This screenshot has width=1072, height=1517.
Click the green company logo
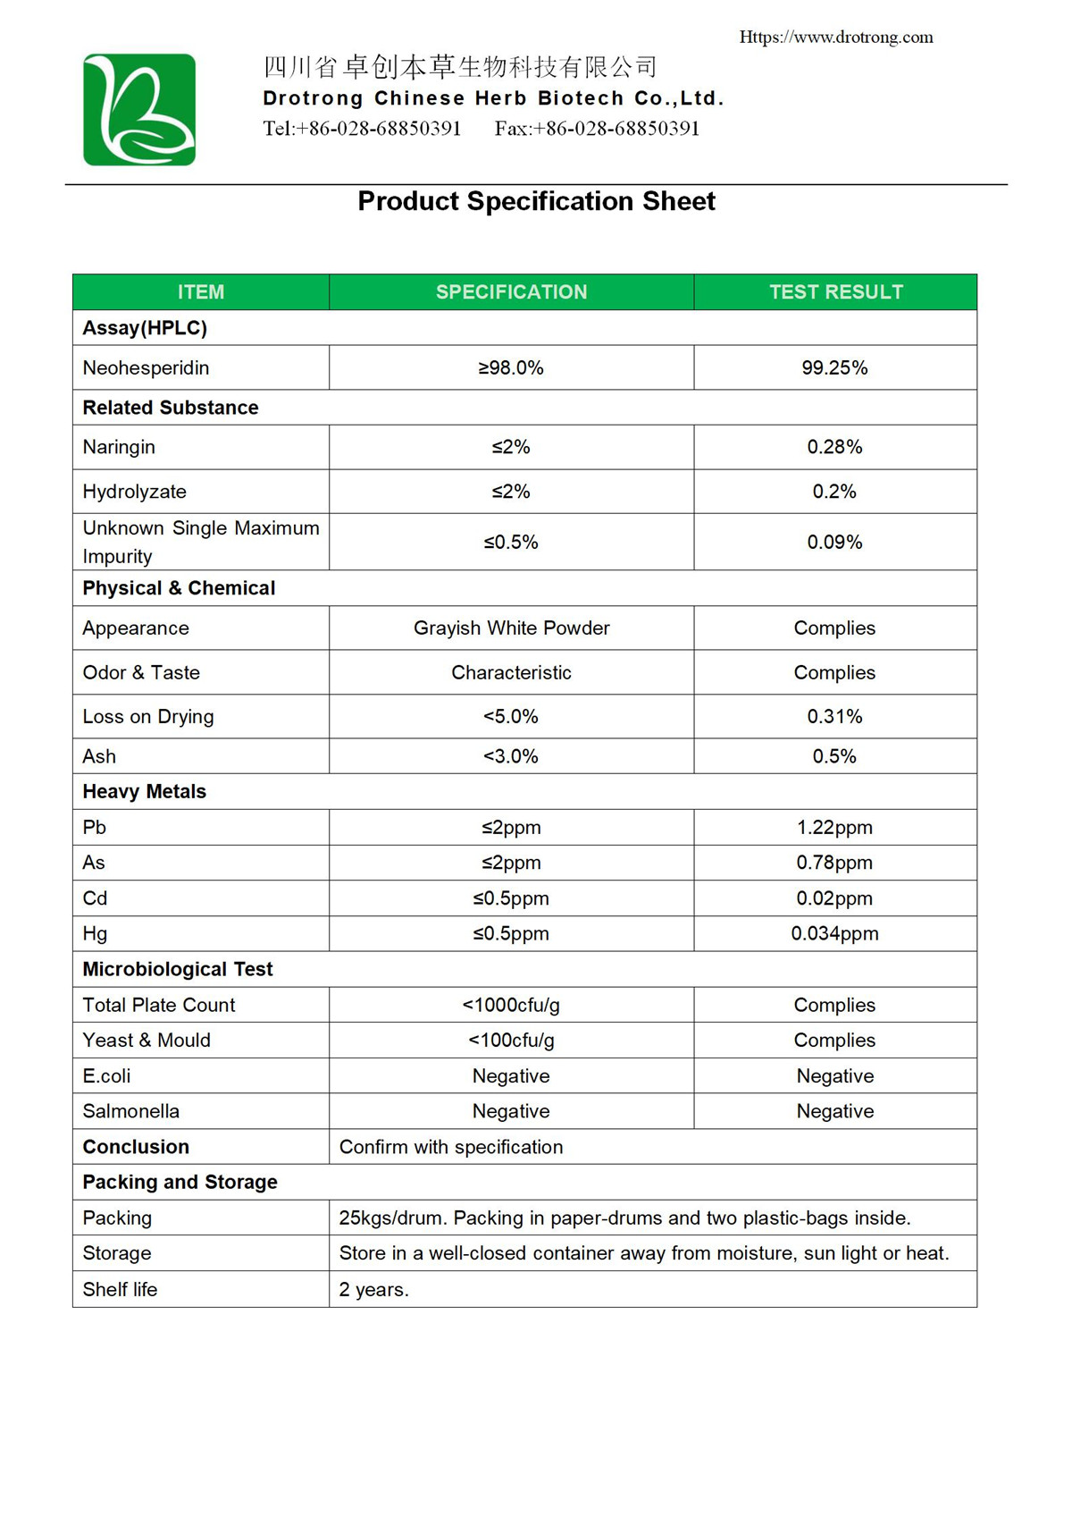coord(139,110)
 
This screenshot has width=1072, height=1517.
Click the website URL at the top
coord(835,37)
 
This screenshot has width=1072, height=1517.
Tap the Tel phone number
coord(362,129)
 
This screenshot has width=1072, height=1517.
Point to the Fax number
coord(597,129)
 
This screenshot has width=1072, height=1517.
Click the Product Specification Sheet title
coord(536,201)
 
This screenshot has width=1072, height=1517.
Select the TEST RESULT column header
coord(835,292)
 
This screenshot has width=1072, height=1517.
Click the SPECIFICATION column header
coord(511,292)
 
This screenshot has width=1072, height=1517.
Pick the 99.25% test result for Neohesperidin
coord(834,367)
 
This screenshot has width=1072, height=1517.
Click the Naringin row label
coord(119,447)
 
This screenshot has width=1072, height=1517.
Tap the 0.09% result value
coord(834,542)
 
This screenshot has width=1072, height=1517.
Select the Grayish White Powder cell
coord(511,628)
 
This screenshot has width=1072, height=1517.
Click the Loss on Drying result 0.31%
coord(834,716)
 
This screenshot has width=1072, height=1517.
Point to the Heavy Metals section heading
coord(144,791)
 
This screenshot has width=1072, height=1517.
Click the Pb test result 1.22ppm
coord(834,827)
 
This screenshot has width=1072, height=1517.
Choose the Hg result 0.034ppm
coord(834,933)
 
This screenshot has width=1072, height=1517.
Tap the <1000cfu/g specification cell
coord(511,1005)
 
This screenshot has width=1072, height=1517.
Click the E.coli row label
coord(106,1075)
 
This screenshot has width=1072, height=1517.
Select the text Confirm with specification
coord(451,1147)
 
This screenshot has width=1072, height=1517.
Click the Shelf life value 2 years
coord(373,1289)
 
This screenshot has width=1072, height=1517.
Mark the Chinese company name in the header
coord(460,67)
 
